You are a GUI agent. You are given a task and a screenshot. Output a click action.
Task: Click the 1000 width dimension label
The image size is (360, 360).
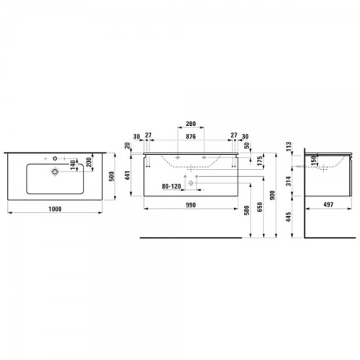click(x=55, y=209)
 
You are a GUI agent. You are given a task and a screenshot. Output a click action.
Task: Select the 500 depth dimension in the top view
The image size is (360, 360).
click(x=112, y=176)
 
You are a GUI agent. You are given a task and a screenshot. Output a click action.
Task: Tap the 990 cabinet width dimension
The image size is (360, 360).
click(x=191, y=205)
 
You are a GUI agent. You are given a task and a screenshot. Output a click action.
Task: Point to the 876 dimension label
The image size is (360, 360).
click(x=191, y=137)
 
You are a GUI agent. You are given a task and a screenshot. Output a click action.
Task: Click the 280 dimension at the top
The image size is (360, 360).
click(x=191, y=124)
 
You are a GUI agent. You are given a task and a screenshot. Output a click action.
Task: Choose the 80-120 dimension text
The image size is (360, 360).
click(x=171, y=186)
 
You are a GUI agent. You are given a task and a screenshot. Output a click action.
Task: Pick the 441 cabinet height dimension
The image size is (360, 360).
click(x=127, y=176)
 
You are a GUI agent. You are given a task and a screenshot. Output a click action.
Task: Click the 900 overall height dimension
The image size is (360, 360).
click(x=272, y=195)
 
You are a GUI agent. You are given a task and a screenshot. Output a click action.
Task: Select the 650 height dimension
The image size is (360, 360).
click(x=260, y=207)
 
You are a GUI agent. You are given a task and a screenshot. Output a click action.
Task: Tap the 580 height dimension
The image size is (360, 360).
click(x=247, y=210)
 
